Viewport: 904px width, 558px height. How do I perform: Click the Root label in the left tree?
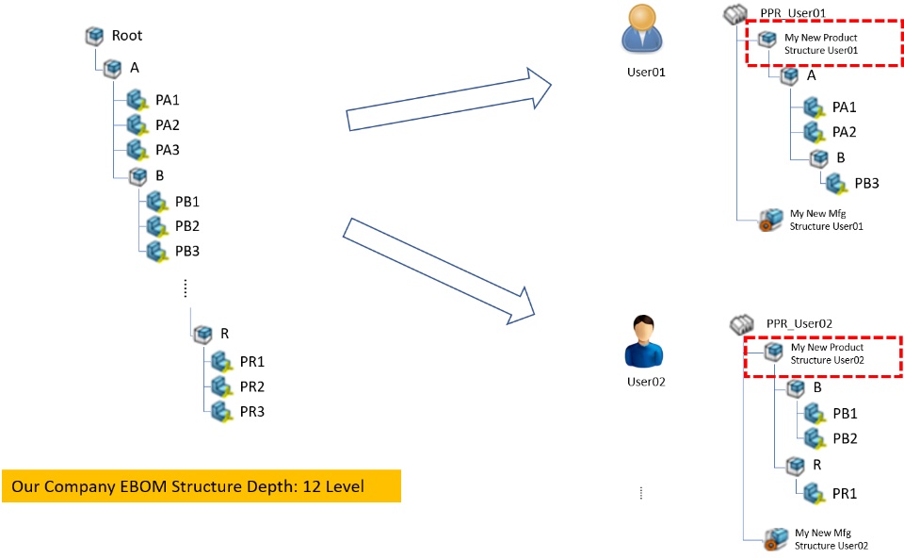coord(127,36)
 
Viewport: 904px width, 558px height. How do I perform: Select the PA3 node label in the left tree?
coord(168,150)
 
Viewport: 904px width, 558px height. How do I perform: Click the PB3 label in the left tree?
coord(187,251)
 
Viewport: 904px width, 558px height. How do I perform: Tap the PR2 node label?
coord(252,386)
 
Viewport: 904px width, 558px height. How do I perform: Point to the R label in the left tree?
coord(224,334)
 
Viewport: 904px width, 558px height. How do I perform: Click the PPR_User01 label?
coord(793,13)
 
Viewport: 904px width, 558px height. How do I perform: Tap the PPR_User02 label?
coord(799,324)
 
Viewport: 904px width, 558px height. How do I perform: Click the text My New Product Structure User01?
coord(821,43)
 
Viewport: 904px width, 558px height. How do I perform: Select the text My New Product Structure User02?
coord(827,353)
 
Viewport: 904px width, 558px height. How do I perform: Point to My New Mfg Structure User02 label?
coord(831,539)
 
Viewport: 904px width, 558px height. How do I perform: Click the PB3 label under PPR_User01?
coord(866,183)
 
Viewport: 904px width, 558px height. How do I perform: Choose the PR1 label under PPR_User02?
coord(845,493)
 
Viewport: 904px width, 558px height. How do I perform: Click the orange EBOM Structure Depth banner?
coord(201,486)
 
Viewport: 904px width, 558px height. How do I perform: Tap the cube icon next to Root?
coord(94,36)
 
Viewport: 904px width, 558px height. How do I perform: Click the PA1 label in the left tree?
coord(168,100)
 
